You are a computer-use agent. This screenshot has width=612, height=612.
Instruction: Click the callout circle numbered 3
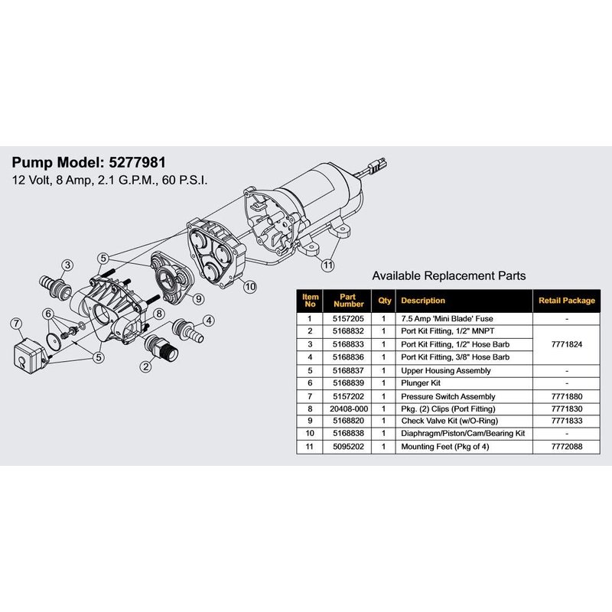[x=67, y=265]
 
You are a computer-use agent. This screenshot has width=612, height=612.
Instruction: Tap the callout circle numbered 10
[x=250, y=287]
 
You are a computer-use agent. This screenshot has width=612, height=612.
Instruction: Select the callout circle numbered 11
[x=328, y=265]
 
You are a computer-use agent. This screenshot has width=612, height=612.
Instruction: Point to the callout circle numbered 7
[x=16, y=324]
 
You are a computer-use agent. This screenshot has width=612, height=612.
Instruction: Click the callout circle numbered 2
[x=146, y=366]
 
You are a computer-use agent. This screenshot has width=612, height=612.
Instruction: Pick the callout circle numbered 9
[x=198, y=299]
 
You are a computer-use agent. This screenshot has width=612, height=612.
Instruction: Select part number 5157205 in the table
[x=348, y=319]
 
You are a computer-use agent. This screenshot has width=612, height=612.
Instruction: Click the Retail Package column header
[x=567, y=301]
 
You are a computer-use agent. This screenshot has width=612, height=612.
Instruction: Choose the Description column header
[x=423, y=301]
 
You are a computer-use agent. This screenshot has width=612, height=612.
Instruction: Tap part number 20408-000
[x=349, y=409]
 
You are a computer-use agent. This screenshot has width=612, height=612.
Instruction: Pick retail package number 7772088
[x=567, y=447]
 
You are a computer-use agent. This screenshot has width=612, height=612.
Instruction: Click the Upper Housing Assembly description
[x=446, y=371]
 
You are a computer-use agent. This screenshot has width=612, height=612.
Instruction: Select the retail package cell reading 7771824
[x=567, y=344]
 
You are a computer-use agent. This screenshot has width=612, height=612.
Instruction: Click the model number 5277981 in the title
[x=138, y=162]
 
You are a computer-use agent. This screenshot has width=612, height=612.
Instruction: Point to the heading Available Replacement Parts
[x=449, y=276]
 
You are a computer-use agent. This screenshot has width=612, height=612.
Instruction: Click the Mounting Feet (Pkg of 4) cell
[x=445, y=447]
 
